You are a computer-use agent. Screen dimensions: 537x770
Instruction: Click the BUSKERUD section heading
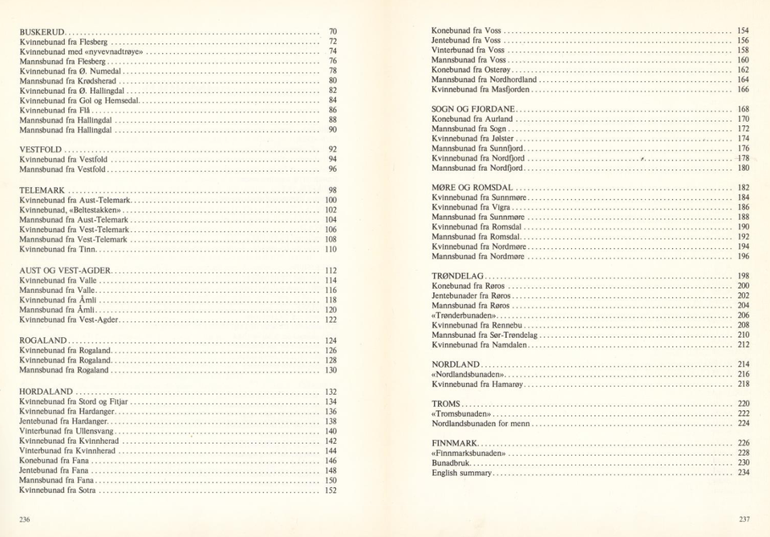42,31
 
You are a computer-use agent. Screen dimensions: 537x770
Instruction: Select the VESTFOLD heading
40,150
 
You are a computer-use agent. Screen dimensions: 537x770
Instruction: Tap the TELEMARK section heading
42,190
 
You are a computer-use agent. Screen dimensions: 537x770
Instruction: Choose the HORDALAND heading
47,392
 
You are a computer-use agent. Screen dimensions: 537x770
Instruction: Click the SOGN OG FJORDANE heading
473,109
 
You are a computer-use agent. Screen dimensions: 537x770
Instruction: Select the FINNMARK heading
455,443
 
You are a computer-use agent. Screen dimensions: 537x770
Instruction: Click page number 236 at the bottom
25,519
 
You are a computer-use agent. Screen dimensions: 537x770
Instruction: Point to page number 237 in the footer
744,519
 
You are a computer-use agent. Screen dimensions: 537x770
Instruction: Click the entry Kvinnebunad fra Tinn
58,250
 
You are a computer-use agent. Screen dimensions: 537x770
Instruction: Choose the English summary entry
462,473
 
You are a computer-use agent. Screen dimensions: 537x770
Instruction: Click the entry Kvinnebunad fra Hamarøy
479,384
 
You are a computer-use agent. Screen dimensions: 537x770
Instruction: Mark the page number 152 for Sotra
330,490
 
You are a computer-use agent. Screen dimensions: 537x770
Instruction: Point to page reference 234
744,473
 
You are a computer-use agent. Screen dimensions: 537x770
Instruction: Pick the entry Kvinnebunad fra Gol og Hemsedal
80,100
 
